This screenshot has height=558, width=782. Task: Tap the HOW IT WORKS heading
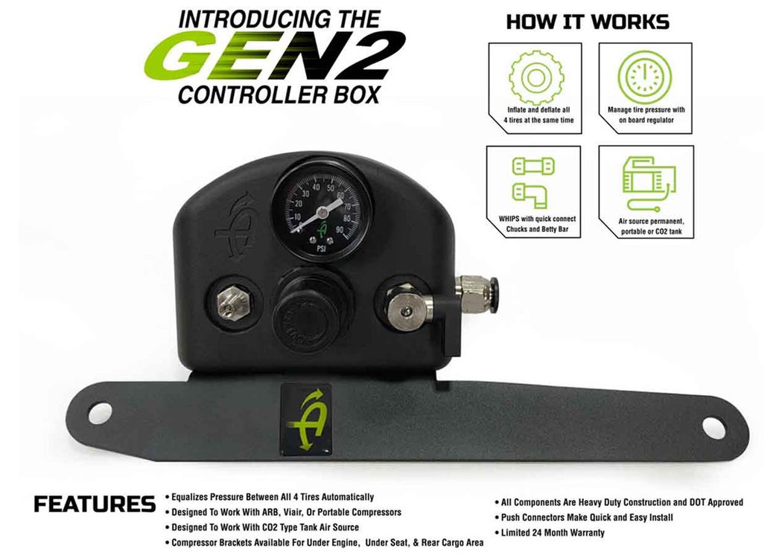click(x=588, y=22)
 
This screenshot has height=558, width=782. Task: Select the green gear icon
click(x=536, y=77)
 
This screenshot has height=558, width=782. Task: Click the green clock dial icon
click(x=645, y=77)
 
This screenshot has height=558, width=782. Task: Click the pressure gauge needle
click(x=318, y=215)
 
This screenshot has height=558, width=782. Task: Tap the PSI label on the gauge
click(x=322, y=248)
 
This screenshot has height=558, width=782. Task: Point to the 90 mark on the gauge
click(x=340, y=230)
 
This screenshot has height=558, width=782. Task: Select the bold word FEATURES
click(x=95, y=504)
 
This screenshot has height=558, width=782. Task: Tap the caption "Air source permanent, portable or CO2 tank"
click(x=652, y=226)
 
